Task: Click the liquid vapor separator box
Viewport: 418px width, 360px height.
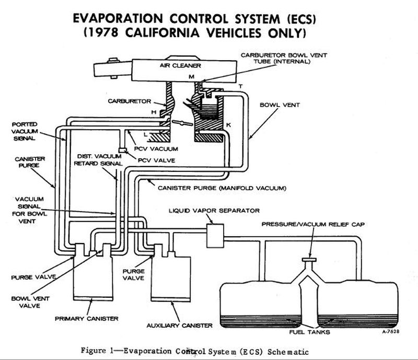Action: [215, 236]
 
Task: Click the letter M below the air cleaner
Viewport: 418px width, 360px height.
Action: [191, 77]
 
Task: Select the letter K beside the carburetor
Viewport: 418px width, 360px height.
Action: [228, 125]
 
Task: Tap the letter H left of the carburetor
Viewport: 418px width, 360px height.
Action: [154, 112]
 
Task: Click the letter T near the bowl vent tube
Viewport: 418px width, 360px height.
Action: [240, 86]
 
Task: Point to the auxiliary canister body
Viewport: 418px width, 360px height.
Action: [170, 277]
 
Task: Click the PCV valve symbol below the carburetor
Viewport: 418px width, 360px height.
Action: [121, 150]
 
